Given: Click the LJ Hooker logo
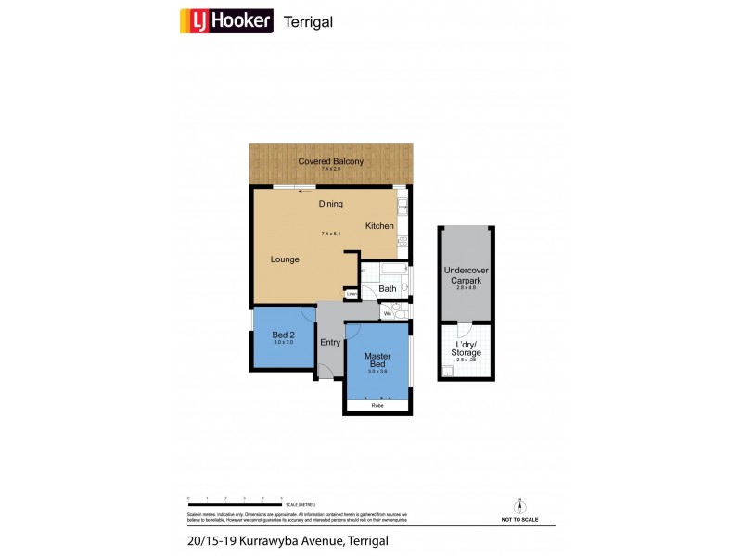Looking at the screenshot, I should tap(225, 20).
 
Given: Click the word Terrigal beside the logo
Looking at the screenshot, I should tap(307, 21).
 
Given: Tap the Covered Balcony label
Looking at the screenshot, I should tap(330, 161).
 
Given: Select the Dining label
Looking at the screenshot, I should tap(330, 204).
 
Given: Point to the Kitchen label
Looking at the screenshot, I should tap(379, 226).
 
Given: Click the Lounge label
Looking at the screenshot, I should tap(285, 259).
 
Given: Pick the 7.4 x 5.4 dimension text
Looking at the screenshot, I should tap(330, 234).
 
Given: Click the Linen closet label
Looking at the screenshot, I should tap(351, 295).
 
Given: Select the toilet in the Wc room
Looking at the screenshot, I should tap(397, 312).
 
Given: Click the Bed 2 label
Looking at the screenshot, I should tap(283, 335).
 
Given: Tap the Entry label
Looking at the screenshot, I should tap(330, 342).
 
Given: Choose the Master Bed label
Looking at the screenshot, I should tap(377, 358).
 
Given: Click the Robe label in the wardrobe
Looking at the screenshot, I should tap(377, 406).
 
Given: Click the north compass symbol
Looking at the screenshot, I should tap(520, 506).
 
